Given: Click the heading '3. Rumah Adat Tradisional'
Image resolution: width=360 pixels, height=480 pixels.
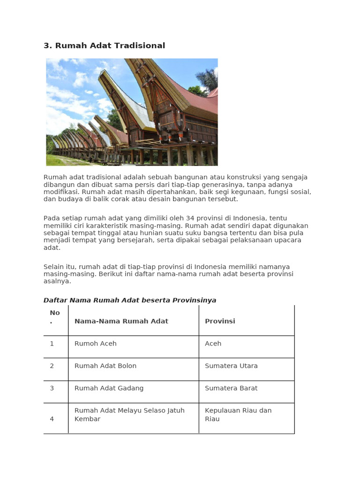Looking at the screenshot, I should pos(104,45).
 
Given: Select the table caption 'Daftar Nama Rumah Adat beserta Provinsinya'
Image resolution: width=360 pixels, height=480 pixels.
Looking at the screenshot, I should pos(130,300).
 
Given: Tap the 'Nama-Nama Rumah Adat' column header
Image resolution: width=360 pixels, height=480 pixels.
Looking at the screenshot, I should pos(121,321).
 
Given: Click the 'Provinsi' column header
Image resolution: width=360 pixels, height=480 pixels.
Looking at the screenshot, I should pos(220,321).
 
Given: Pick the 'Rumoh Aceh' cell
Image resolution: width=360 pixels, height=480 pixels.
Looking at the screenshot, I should pos(95,344).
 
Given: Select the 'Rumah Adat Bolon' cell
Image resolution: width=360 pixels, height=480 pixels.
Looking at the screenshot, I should pos(105,366).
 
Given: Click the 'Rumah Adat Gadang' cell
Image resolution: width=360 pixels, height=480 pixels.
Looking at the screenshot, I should pos(109,388).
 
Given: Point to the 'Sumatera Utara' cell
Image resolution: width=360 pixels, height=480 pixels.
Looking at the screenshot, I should pos(231,366).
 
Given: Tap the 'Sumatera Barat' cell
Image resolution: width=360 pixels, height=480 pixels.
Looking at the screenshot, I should pos(231,388).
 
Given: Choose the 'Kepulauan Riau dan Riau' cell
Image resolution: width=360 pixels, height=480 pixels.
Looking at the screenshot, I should pos(238,414).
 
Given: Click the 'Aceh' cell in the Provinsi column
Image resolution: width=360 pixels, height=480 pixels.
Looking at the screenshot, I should pos(213,344).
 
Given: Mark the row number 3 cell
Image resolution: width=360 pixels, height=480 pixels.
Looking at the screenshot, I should pos(52,388).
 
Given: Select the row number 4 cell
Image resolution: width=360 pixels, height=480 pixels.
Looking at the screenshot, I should pos(52,419).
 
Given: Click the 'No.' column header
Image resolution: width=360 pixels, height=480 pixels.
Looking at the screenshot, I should pos(55,317).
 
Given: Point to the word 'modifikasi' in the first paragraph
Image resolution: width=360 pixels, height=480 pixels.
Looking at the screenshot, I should pos(60,192).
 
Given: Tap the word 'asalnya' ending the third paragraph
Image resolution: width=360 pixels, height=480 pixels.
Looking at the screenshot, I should pos(57,281).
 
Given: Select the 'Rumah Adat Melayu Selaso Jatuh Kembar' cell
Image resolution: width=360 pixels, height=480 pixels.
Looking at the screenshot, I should pos(129,414).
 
